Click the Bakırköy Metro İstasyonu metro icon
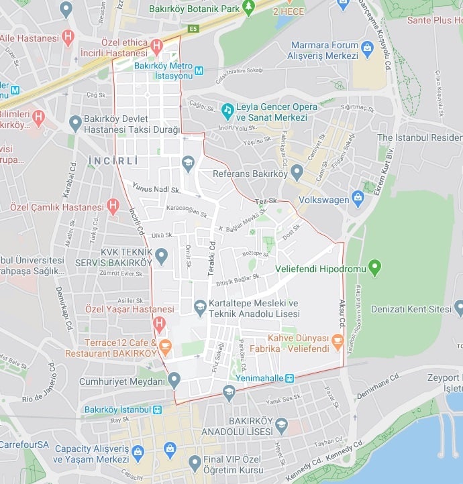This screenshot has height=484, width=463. pos(199,70)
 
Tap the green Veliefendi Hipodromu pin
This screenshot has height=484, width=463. pos(374,269)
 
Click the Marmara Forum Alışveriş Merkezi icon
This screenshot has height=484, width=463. pos(367,48)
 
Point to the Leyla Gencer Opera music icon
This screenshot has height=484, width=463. pos(227,109)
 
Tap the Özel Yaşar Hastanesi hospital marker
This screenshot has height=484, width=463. pos(159,324)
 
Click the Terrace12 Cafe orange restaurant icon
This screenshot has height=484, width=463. pos(165,346)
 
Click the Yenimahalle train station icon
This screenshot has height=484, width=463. pos(289,378)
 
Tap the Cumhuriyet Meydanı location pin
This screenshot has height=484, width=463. pos(174,381)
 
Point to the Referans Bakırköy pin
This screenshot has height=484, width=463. pos(297,174)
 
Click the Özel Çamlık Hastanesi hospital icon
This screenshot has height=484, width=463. pos(113,206)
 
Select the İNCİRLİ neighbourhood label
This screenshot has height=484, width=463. pos(113,161)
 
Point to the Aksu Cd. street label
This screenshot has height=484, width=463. pos(342,313)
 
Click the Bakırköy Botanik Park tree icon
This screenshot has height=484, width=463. pos(249,7)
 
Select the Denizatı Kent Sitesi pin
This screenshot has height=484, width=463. pos(459,309)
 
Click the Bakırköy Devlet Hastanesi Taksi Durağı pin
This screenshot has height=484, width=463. pos(75,123)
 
